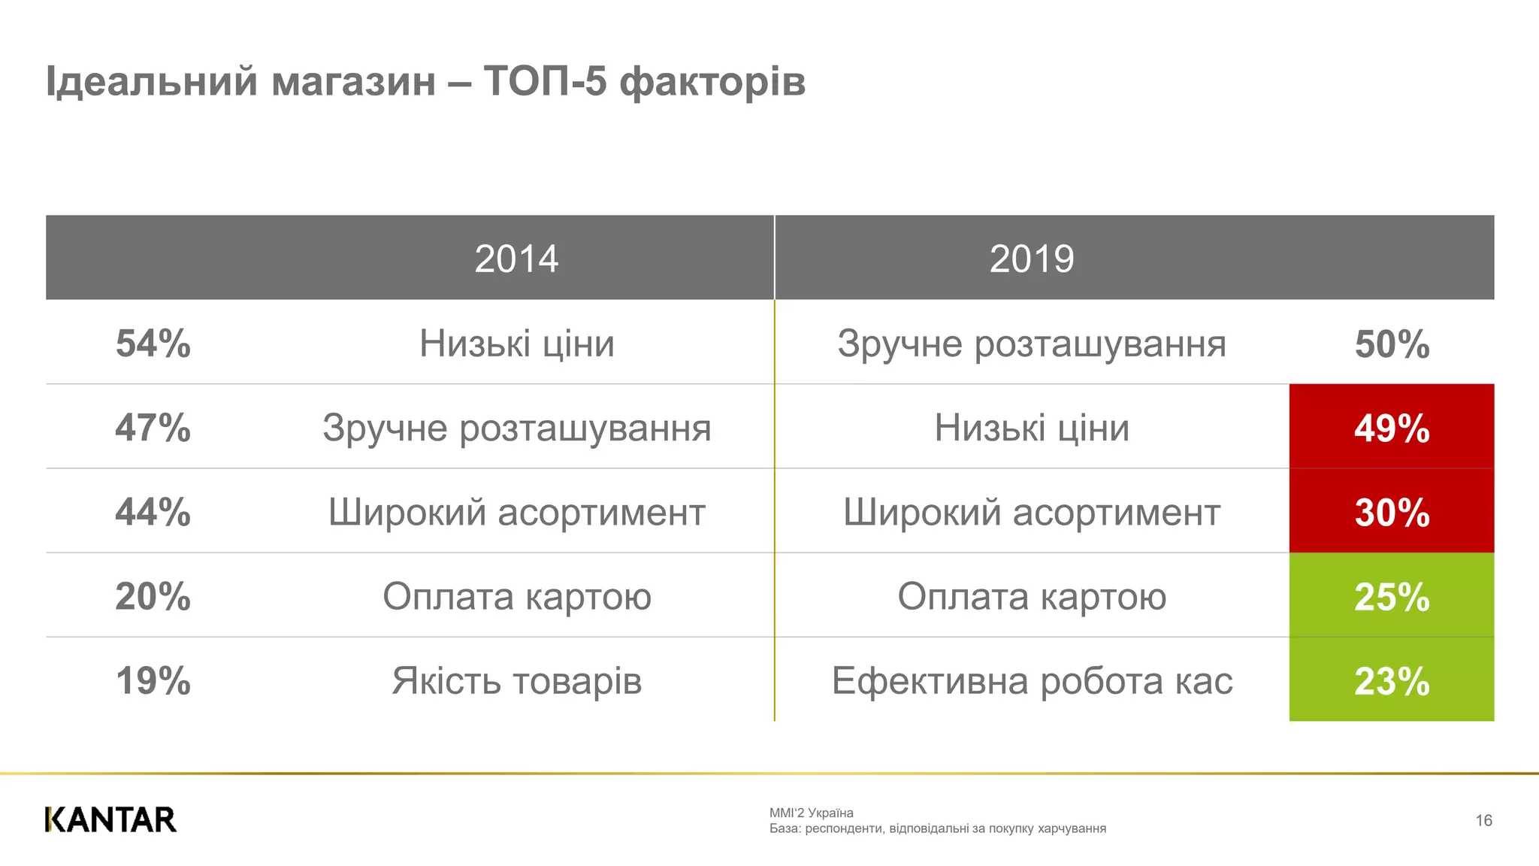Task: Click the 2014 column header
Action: click(x=516, y=259)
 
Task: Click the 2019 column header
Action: click(x=1032, y=259)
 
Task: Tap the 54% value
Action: click(x=153, y=344)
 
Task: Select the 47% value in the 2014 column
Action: click(x=153, y=428)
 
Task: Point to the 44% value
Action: click(x=153, y=512)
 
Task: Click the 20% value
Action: click(x=153, y=596)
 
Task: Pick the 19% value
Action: click(x=153, y=680)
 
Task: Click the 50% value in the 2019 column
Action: click(x=1392, y=344)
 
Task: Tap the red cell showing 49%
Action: click(x=1392, y=428)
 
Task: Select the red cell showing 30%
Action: click(x=1392, y=512)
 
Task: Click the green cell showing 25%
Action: click(x=1392, y=596)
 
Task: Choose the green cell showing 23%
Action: click(x=1392, y=680)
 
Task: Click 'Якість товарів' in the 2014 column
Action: click(x=516, y=680)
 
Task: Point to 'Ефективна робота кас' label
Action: click(x=1032, y=680)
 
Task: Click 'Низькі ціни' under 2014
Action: click(x=516, y=344)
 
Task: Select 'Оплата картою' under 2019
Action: click(x=1032, y=596)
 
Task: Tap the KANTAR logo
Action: click(x=110, y=819)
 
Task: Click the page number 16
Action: click(x=1483, y=820)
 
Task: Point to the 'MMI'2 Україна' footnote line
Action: click(x=811, y=813)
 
